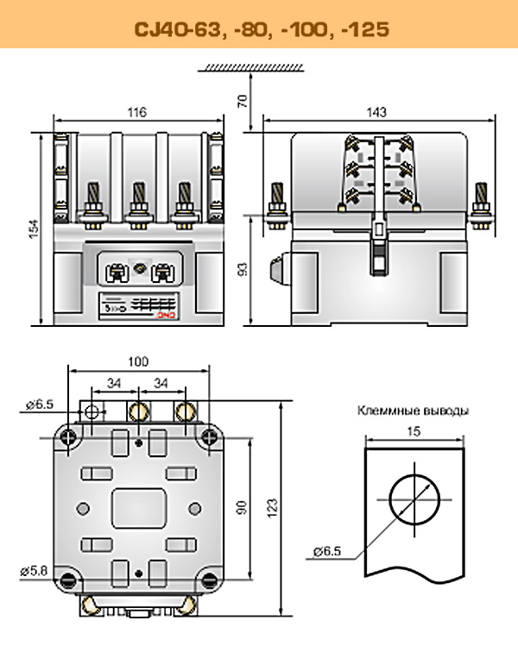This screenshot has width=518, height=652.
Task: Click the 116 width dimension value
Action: [136, 112]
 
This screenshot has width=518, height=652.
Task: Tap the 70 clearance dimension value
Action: [243, 99]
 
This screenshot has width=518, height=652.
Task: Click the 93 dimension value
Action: [243, 270]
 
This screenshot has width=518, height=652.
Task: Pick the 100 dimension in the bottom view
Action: [137, 362]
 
